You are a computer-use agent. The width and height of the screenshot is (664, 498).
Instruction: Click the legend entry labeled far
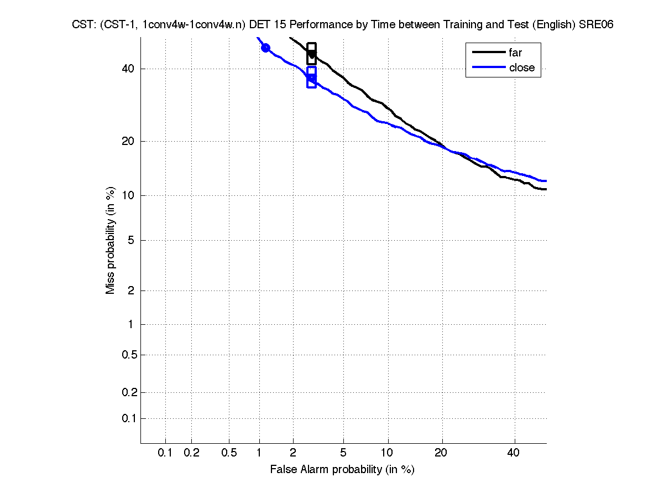pyautogui.click(x=515, y=53)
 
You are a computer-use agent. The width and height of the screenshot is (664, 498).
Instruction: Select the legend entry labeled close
pyautogui.click(x=521, y=68)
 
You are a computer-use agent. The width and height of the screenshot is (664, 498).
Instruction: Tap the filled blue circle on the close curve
pyautogui.click(x=265, y=48)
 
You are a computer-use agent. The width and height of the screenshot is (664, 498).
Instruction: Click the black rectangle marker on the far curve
pyautogui.click(x=311, y=54)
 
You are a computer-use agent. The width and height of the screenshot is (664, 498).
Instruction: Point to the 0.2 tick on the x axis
pyautogui.click(x=191, y=453)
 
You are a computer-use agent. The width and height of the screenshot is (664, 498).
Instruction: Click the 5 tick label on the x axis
pyautogui.click(x=343, y=453)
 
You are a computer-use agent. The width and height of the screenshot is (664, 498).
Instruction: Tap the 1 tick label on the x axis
pyautogui.click(x=259, y=453)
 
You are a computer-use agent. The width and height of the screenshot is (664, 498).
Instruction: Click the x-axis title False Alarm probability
pyautogui.click(x=342, y=469)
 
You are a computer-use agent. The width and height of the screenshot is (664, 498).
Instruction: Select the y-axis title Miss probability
pyautogui.click(x=111, y=240)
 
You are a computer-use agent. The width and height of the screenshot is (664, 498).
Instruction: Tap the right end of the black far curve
pyautogui.click(x=546, y=189)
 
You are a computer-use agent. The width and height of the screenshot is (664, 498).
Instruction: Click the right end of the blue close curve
pyautogui.click(x=546, y=181)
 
